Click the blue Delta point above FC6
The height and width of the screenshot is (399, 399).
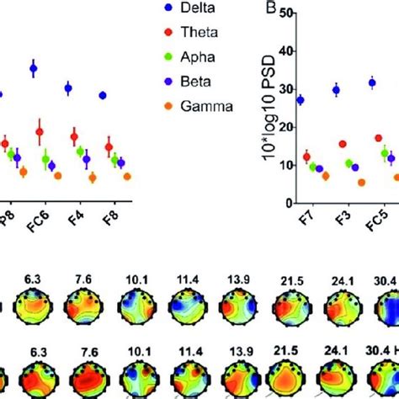34,68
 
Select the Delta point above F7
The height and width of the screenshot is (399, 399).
301,100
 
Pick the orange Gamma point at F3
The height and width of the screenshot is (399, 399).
338,182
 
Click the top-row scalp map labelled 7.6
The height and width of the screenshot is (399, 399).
82,309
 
